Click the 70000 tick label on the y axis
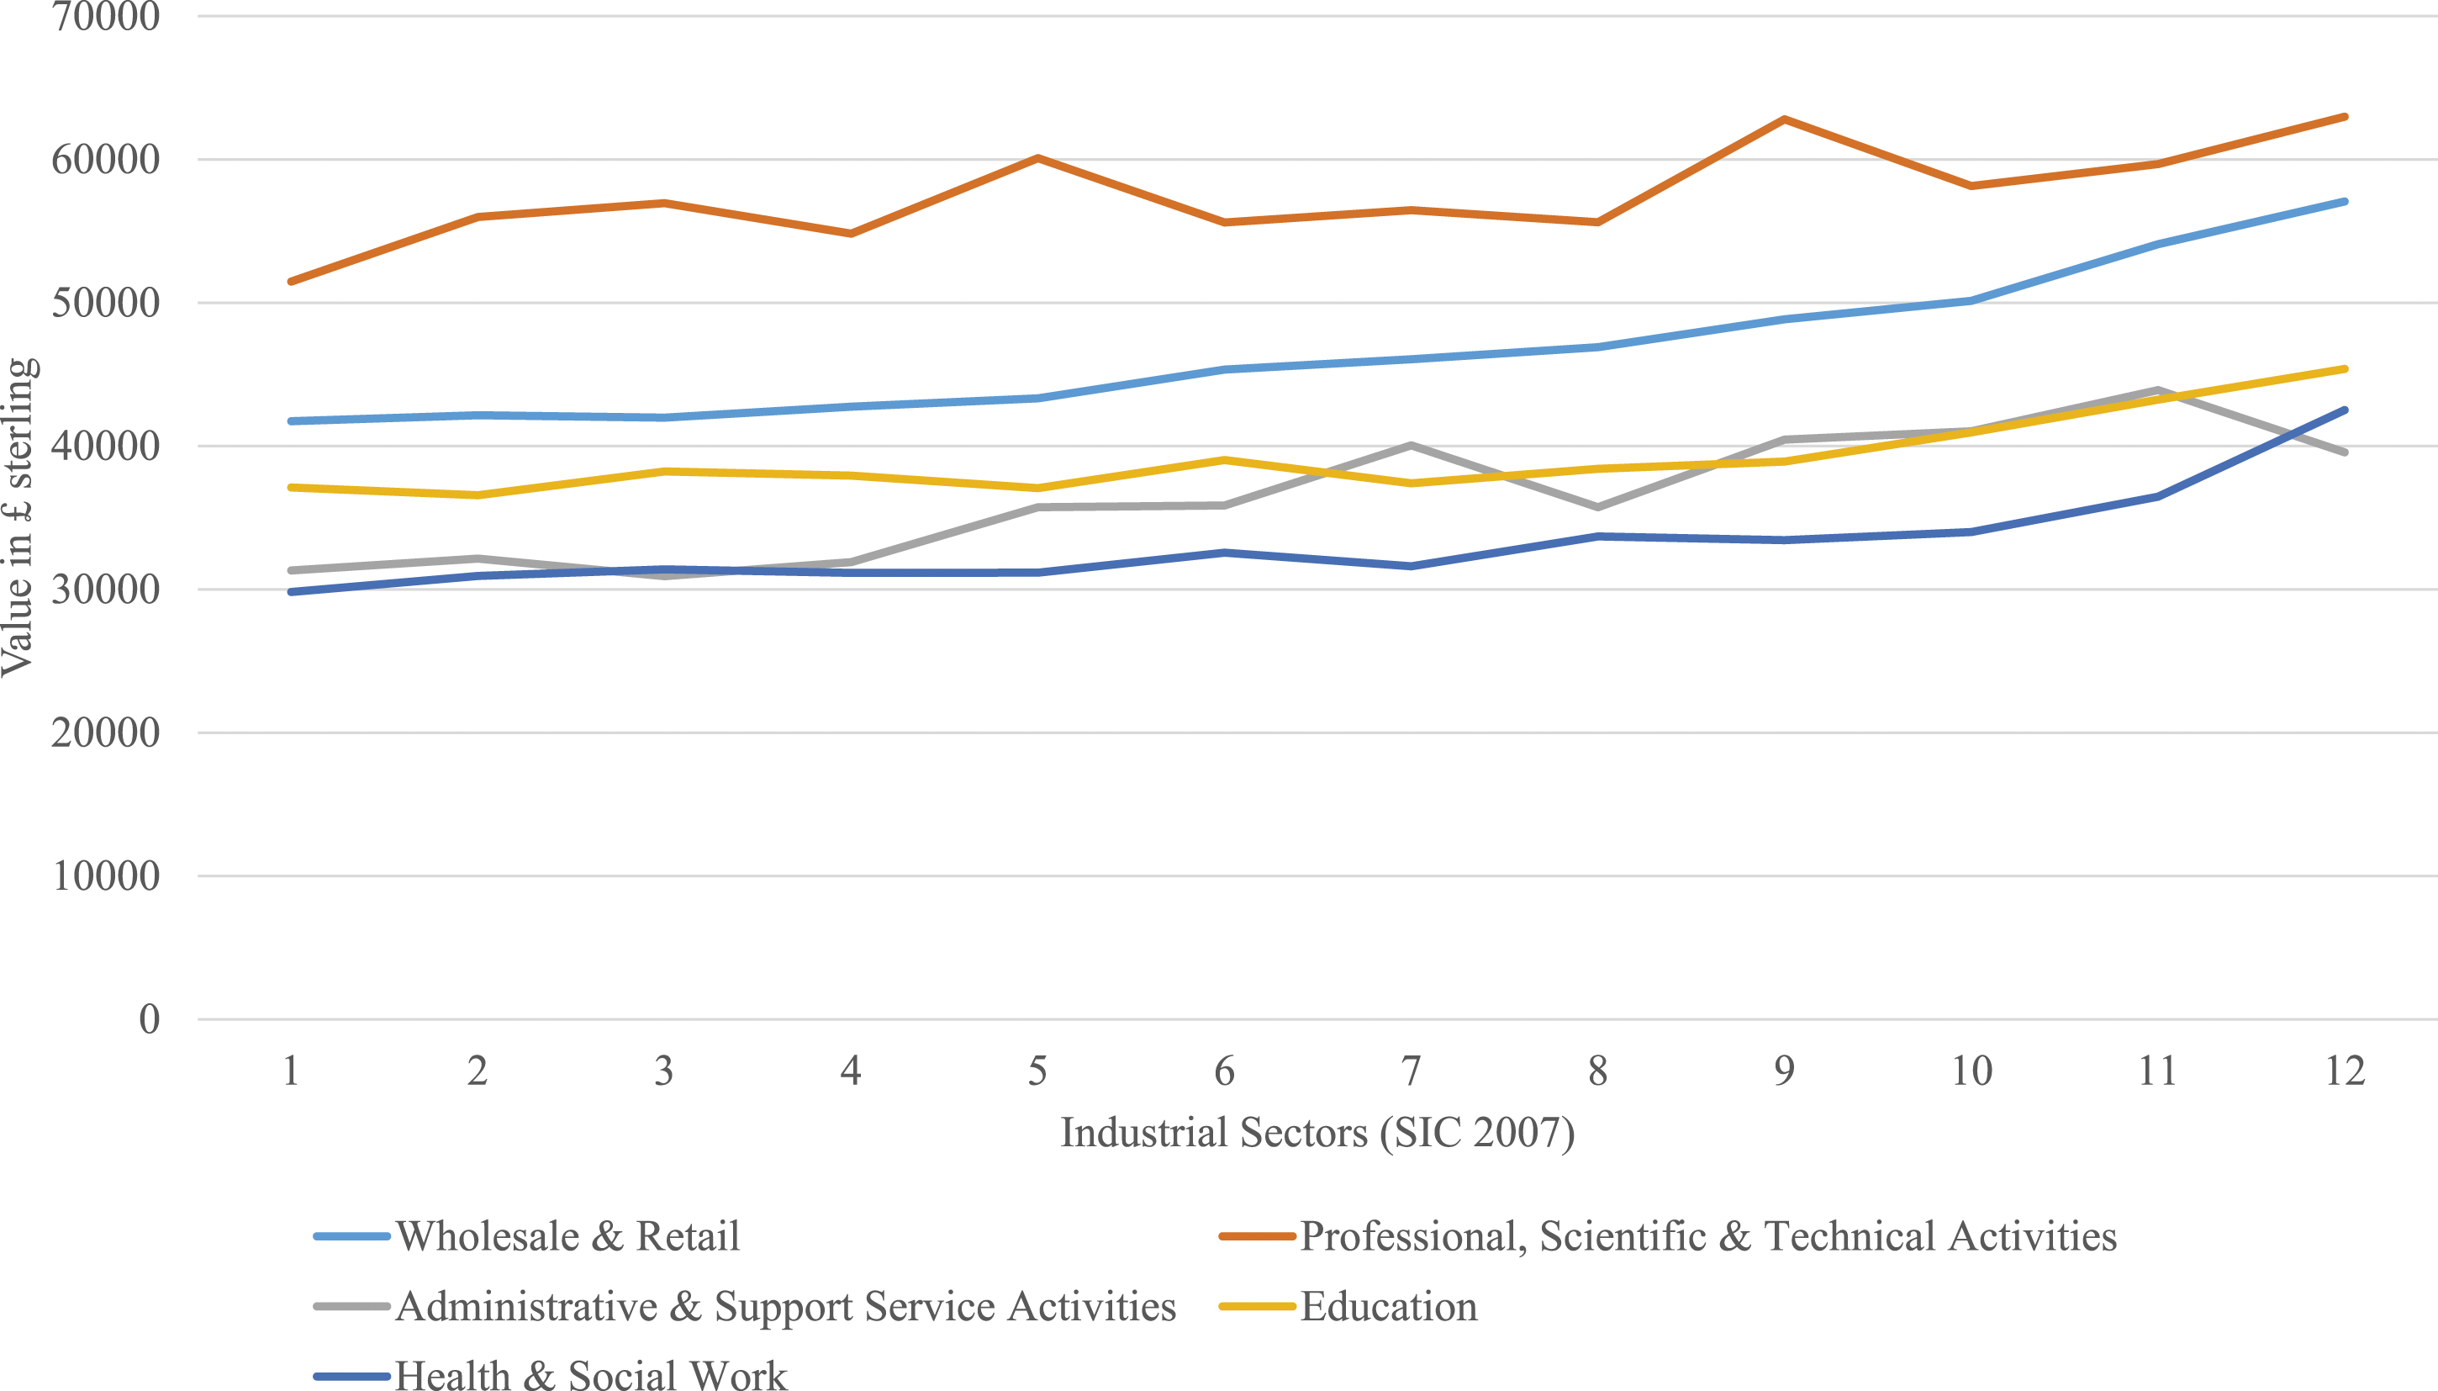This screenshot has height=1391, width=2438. coord(105,16)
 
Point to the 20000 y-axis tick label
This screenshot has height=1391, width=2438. coord(105,733)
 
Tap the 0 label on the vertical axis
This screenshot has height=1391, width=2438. coord(149,1019)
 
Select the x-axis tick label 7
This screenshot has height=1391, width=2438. coord(1411,1071)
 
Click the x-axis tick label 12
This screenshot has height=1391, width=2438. coord(2346,1071)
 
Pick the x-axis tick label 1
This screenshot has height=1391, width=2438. coord(290,1071)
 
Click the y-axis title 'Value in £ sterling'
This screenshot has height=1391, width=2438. coord(19,517)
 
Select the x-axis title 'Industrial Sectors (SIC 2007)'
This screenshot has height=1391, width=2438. coord(1318,1133)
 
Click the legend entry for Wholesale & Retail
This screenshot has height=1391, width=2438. coord(567,1236)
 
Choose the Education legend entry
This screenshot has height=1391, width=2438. coord(1389,1307)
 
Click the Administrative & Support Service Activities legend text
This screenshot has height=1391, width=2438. coord(786,1307)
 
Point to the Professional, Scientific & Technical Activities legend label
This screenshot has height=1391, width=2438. coord(1708,1236)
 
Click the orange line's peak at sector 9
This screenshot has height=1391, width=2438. coord(1784,119)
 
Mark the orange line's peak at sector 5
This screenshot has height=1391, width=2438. coord(1037,157)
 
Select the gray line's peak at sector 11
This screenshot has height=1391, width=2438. coord(2158,389)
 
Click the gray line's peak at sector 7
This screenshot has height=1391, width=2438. coord(1411,445)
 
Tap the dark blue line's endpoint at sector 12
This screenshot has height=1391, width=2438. coord(2346,410)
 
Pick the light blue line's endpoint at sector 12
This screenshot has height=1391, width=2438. coord(2346,202)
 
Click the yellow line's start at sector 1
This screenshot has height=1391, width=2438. coord(290,487)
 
